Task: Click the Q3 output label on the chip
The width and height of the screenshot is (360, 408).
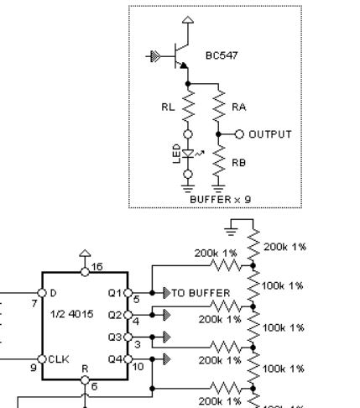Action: point(117,335)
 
